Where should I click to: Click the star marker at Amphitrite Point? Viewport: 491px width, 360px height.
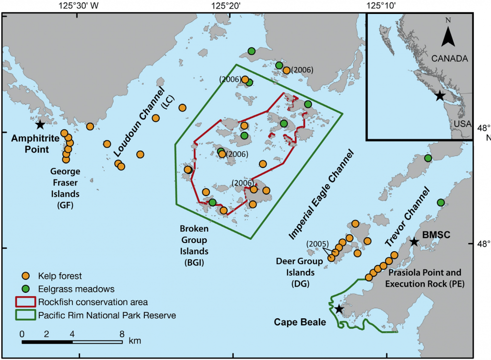pos(40,125)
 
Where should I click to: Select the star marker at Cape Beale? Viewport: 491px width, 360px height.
pos(339,309)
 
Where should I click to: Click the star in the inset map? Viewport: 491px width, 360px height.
pos(439,96)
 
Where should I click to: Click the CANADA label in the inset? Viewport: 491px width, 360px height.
pos(449,58)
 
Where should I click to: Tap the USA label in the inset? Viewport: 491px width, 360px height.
pos(463,124)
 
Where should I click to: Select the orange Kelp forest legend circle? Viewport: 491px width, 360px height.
pos(26,276)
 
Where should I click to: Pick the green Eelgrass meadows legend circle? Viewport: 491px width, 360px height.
pos(26,289)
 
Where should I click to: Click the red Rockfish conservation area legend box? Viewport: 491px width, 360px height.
pos(27,302)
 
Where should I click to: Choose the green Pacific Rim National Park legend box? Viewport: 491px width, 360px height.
pos(27,315)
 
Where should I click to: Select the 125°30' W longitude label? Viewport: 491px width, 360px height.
pos(78,6)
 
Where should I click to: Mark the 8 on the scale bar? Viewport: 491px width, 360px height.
pos(122,333)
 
